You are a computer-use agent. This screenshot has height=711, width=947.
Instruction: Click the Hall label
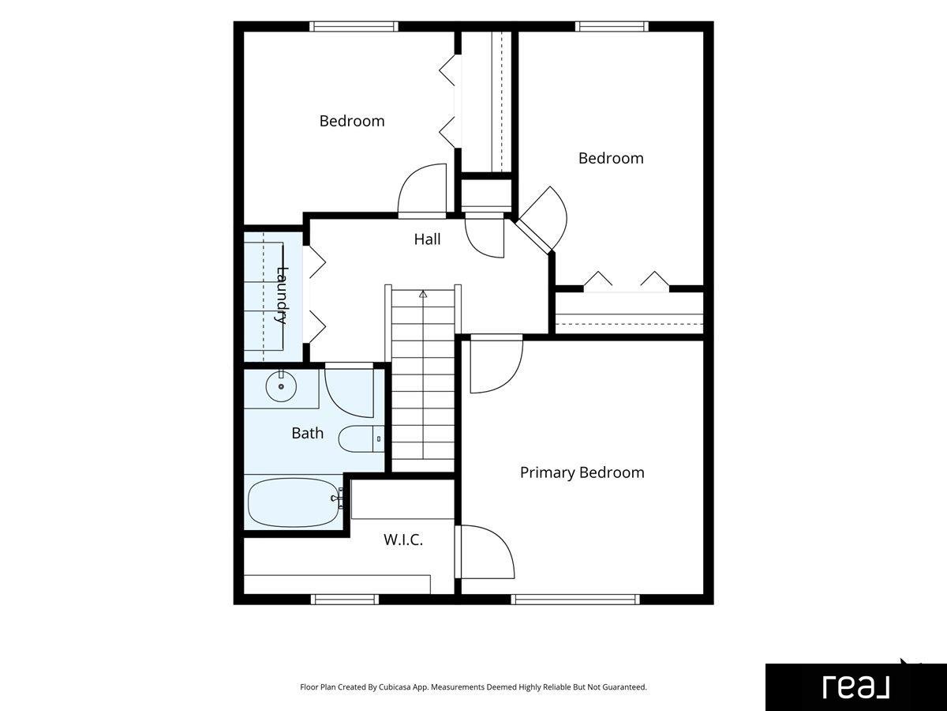(x=427, y=239)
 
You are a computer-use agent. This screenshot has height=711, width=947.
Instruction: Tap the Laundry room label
(x=282, y=295)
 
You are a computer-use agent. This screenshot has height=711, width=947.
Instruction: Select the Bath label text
(x=307, y=433)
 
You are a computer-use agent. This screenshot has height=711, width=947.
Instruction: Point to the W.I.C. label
(x=403, y=540)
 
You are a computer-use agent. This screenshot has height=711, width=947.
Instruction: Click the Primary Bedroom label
(x=582, y=472)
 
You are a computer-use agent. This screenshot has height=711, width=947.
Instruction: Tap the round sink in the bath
(x=281, y=386)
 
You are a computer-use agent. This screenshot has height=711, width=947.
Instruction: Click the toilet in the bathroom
(x=361, y=439)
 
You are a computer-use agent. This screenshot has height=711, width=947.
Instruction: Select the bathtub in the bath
(x=295, y=502)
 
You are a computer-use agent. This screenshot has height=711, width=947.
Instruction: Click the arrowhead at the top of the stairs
(x=423, y=294)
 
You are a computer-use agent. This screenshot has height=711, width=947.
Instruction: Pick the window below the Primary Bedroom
(x=575, y=599)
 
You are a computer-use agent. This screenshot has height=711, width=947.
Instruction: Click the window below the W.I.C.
(x=345, y=599)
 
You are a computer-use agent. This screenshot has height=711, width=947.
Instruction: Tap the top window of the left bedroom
(x=354, y=26)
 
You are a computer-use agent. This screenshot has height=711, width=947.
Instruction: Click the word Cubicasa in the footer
(x=395, y=687)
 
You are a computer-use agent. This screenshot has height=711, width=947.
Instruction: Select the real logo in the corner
(x=856, y=687)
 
